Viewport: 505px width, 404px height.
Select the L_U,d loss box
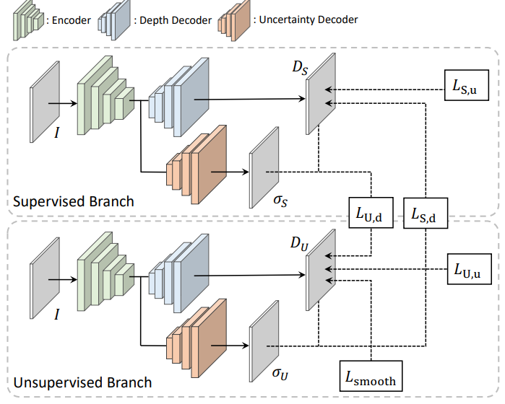point(370,213)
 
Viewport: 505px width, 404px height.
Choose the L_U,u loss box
point(468,271)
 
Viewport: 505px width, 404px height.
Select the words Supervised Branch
point(74,201)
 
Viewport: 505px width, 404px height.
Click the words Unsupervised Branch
point(83,382)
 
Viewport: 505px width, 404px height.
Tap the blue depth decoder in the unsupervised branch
point(177,276)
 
